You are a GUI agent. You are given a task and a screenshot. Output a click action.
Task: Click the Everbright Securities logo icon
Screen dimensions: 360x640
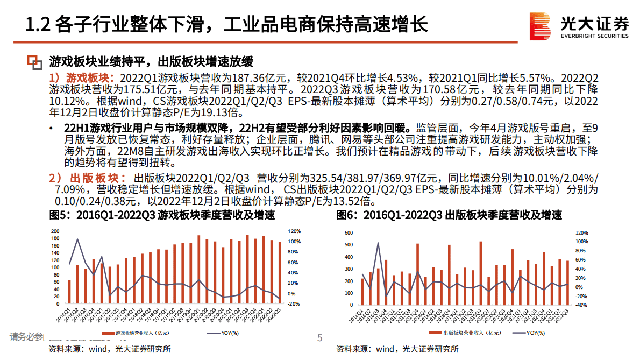coord(541,26)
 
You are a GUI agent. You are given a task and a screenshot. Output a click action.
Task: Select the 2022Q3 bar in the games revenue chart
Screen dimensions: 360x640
coord(279,272)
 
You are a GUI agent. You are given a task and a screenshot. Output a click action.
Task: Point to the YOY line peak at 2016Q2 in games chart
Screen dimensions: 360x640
coord(77,239)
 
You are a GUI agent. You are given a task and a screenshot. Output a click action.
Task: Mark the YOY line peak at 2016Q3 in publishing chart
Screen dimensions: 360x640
coord(378,243)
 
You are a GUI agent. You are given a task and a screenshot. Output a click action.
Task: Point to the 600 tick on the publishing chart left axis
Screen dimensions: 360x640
coord(348,233)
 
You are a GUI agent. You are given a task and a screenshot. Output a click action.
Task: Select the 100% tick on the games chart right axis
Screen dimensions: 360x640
coord(294,242)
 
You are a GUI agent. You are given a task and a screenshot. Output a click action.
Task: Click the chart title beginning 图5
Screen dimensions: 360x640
coord(162,216)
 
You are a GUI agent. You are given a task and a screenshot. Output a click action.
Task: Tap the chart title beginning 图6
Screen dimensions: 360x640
coord(450,216)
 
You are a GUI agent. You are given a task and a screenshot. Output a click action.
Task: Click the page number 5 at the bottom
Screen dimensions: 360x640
coord(319,338)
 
